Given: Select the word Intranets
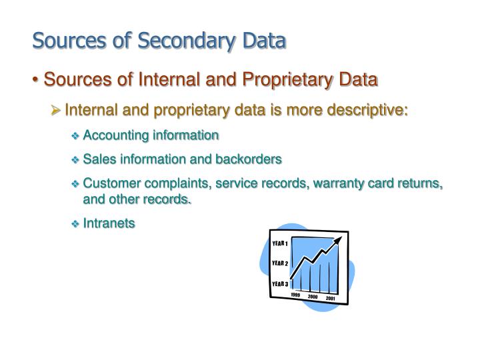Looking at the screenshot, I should point(109,223).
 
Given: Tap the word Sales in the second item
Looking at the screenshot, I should point(97,159).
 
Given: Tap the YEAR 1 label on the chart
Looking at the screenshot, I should point(280,242).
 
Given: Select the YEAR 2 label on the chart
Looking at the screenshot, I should point(280,263).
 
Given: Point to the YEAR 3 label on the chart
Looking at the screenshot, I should point(280,284).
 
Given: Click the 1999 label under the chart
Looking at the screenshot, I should point(295,295).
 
